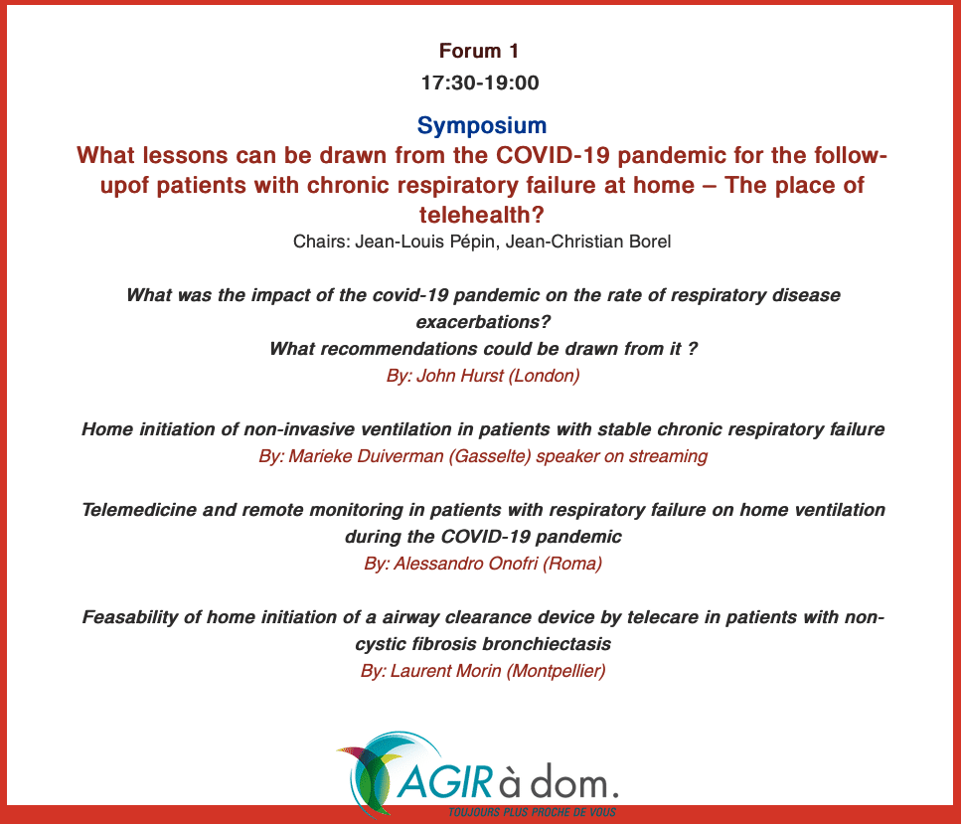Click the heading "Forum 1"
click(x=479, y=51)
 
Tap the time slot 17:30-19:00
click(x=480, y=82)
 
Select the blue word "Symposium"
click(x=482, y=125)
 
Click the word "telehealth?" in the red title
click(x=482, y=216)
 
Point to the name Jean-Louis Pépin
click(x=424, y=242)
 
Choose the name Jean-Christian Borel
click(x=588, y=242)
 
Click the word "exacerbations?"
click(x=483, y=322)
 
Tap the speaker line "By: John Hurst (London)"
click(x=483, y=375)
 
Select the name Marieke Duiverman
click(x=366, y=456)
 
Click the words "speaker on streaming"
click(x=622, y=457)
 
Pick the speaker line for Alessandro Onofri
click(x=483, y=564)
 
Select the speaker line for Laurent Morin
click(x=483, y=671)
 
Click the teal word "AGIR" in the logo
click(x=445, y=781)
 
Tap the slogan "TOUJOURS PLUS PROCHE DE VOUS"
click(x=532, y=812)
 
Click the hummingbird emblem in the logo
click(x=378, y=772)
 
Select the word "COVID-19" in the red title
click(x=553, y=156)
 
